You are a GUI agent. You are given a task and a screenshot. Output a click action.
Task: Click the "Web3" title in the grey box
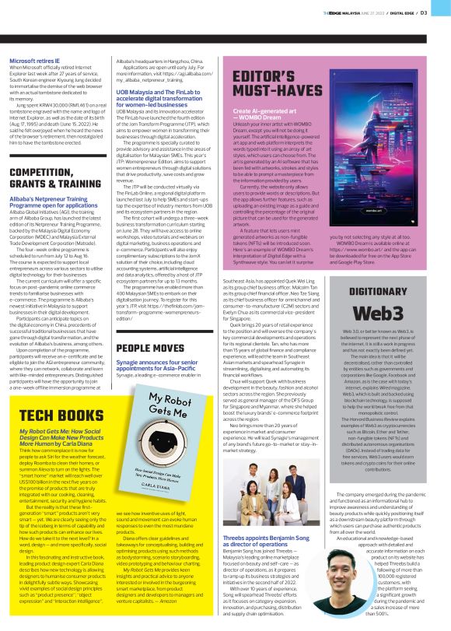385,310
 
